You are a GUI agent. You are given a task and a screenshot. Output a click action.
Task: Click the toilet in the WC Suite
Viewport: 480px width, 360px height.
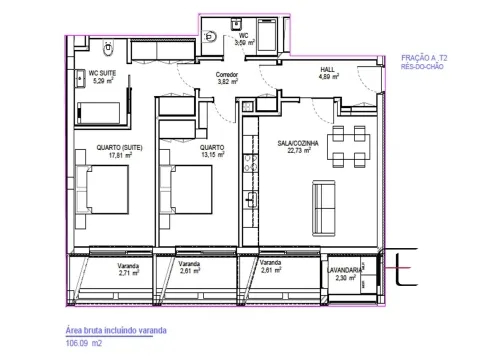click(108, 48)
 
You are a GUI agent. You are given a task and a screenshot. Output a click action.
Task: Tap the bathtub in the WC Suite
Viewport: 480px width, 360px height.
click(98, 113)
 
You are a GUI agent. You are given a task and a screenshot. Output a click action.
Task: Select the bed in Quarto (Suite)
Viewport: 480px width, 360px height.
click(103, 189)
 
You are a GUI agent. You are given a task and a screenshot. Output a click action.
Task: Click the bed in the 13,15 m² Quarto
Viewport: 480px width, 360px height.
click(186, 189)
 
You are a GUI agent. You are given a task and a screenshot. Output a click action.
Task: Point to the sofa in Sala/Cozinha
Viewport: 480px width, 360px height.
click(324, 208)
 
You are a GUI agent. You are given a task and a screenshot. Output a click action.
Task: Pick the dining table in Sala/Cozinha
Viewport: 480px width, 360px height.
click(349, 147)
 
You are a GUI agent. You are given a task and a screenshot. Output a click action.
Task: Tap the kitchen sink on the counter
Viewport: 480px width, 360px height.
click(251, 200)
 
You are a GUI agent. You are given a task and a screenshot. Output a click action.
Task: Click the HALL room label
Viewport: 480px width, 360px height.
click(327, 70)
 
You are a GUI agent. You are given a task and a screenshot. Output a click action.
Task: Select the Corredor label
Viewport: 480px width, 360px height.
click(227, 75)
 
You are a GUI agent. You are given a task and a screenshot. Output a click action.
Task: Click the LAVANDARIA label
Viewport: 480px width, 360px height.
click(344, 270)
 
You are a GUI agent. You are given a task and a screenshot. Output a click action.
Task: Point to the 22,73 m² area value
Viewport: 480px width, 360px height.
click(299, 150)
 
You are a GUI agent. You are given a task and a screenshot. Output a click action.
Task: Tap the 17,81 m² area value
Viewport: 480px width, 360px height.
click(120, 155)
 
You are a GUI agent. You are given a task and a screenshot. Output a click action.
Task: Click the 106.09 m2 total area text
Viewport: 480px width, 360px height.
click(84, 343)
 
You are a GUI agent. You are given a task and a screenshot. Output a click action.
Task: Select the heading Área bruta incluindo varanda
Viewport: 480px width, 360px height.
click(116, 330)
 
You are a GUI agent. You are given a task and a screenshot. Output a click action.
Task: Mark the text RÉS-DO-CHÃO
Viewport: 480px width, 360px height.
click(422, 66)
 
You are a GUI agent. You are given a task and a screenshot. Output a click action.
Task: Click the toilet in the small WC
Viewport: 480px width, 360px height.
click(210, 36)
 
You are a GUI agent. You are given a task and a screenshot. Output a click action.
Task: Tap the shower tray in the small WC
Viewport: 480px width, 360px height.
click(267, 35)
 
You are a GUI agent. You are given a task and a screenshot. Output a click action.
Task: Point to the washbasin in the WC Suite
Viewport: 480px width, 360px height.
click(81, 79)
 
